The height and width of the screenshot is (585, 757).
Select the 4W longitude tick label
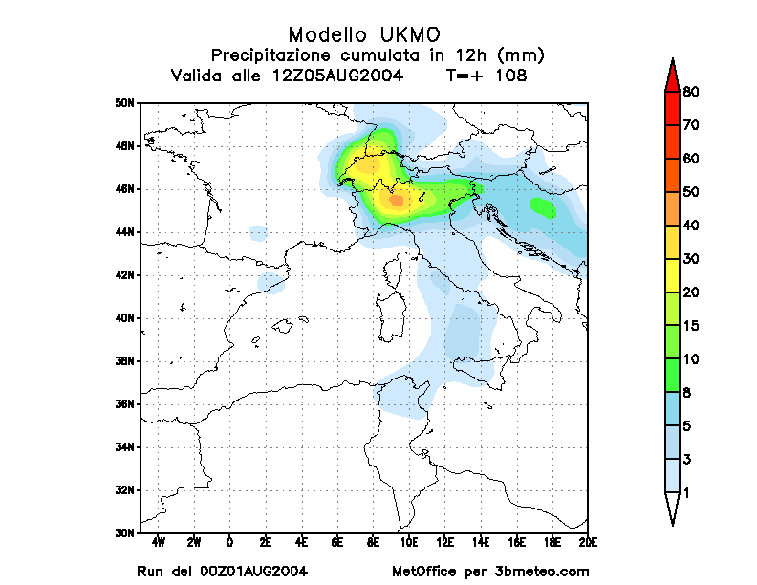coord(159,543)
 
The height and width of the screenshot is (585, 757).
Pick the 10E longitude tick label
coord(409,543)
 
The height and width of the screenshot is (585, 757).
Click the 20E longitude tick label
coord(588,543)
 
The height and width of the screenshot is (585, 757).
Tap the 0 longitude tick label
coord(230,543)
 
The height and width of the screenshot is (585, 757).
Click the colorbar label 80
coord(693,92)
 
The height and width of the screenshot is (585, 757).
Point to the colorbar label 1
coord(687,493)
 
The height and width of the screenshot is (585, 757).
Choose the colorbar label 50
coord(693,192)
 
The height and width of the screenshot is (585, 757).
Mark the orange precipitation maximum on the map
coord(396,199)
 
